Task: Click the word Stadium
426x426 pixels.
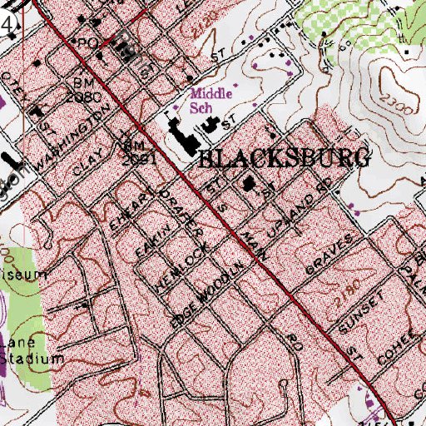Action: [32, 359]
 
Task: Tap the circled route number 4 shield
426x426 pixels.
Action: [7, 25]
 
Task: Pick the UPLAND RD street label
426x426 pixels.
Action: [302, 203]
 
